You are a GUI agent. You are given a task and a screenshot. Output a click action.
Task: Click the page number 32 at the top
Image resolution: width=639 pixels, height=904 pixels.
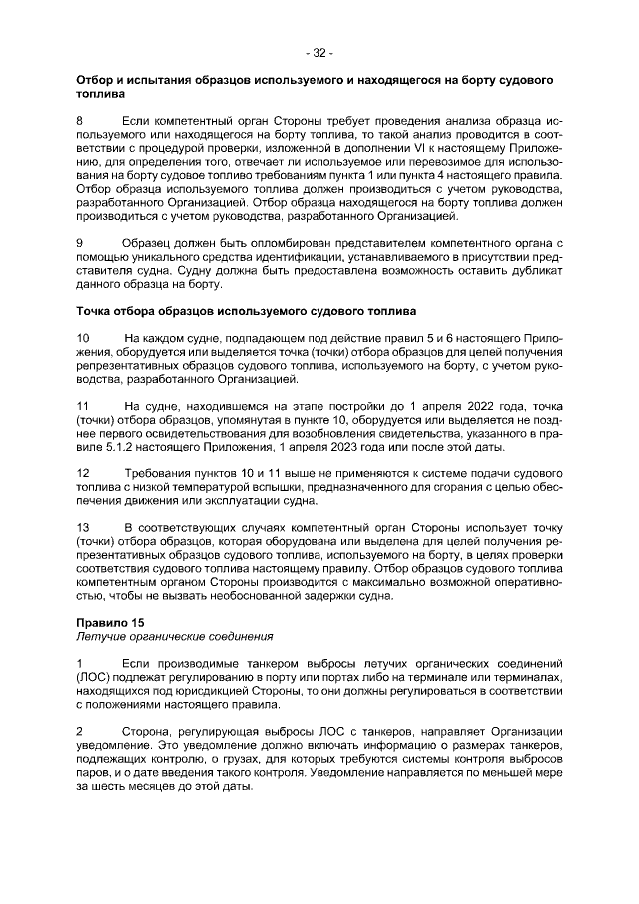[319, 52]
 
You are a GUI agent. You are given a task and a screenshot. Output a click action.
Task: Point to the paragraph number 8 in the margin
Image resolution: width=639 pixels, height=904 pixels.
[80, 121]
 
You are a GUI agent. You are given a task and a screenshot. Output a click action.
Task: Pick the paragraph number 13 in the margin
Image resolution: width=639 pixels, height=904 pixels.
[83, 527]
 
